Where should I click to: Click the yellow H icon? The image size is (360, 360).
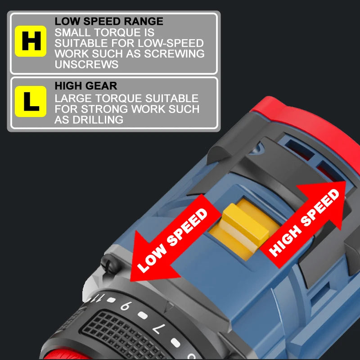(x=31, y=41)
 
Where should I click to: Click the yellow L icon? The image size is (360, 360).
(x=31, y=102)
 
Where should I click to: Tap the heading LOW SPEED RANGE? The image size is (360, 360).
(x=109, y=21)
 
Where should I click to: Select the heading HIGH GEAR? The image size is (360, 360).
(x=86, y=86)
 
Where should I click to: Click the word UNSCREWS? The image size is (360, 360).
(x=86, y=64)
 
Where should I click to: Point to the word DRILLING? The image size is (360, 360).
(x=98, y=120)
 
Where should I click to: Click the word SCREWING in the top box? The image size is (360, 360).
(x=174, y=54)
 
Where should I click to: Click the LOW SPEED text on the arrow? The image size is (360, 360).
(x=172, y=240)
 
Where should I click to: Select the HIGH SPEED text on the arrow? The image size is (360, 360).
(x=304, y=223)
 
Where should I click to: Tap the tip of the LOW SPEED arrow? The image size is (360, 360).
(x=130, y=281)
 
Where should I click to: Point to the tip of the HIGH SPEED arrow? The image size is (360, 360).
(x=346, y=181)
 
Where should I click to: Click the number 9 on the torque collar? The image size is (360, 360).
(x=126, y=306)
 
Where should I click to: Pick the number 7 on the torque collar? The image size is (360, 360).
(x=158, y=329)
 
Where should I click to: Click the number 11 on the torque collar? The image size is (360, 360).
(x=98, y=298)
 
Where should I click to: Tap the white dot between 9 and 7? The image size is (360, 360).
(x=143, y=316)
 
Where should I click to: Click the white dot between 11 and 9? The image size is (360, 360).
(x=111, y=300)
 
